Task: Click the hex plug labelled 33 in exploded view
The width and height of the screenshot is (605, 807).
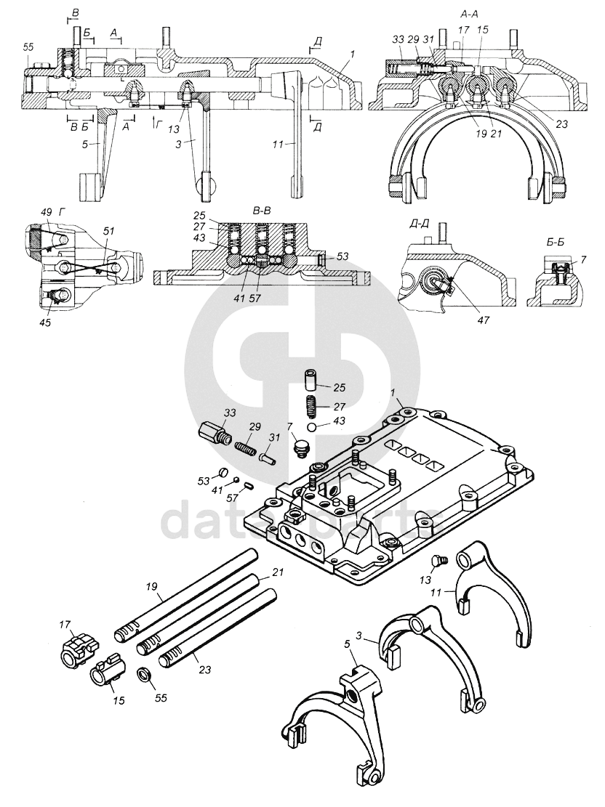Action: (215, 434)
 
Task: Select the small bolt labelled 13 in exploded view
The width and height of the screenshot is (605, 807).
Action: (439, 561)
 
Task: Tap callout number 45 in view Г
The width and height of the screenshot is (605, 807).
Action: (46, 323)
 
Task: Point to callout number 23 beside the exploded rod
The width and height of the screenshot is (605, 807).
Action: (204, 670)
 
